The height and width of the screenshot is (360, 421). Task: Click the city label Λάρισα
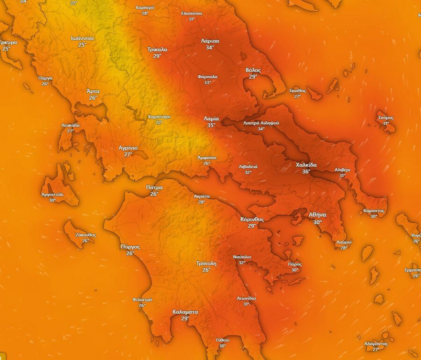click(x=210, y=41)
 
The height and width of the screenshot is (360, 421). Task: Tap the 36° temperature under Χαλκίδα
click(x=306, y=172)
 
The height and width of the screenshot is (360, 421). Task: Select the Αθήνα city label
click(x=318, y=214)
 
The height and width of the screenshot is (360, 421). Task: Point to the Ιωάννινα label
click(x=82, y=38)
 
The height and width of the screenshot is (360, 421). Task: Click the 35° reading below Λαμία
click(x=211, y=125)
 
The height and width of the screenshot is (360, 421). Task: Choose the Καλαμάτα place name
click(x=185, y=312)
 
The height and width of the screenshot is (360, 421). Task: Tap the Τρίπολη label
click(x=206, y=264)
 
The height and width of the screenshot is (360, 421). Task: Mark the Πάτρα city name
click(x=154, y=187)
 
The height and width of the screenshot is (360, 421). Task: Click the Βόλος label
click(x=253, y=70)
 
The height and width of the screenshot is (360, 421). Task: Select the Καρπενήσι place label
click(x=159, y=116)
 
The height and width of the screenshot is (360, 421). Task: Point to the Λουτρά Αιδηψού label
click(x=261, y=123)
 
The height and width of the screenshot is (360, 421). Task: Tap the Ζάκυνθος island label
click(x=86, y=235)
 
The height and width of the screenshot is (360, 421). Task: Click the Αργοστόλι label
click(x=52, y=194)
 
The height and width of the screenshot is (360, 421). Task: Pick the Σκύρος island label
click(x=386, y=118)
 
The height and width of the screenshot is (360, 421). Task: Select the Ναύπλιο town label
click(x=242, y=257)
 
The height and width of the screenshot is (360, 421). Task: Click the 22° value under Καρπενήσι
click(x=159, y=122)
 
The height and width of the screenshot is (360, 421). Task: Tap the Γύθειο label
click(x=222, y=340)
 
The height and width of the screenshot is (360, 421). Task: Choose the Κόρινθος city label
click(x=252, y=219)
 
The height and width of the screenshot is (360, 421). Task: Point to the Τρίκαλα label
click(x=157, y=49)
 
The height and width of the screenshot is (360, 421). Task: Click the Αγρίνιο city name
click(x=128, y=148)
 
